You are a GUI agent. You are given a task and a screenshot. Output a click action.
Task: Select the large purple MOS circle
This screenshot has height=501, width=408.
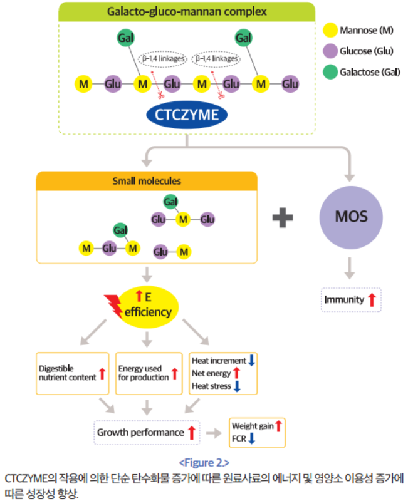(350, 217)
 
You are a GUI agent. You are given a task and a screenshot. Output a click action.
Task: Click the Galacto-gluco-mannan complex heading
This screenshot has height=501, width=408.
(187, 11)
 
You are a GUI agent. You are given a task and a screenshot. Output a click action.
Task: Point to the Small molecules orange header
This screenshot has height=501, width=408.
(147, 182)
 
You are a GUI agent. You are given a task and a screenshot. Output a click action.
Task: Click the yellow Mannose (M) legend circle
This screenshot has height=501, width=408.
(330, 30)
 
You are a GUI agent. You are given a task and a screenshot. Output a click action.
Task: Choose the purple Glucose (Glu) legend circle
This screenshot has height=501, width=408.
(330, 51)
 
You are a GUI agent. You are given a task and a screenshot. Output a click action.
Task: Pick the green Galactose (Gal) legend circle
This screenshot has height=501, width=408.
(330, 72)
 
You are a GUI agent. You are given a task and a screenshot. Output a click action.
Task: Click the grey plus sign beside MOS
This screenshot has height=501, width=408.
(283, 217)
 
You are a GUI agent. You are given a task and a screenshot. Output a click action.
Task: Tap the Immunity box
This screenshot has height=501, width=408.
(350, 300)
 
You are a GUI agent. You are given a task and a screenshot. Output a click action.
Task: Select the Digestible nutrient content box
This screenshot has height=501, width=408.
(72, 373)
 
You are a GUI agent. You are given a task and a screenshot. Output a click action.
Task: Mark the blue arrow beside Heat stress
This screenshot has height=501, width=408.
(236, 386)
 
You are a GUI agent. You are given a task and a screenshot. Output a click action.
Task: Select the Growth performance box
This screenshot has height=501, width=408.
(146, 432)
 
